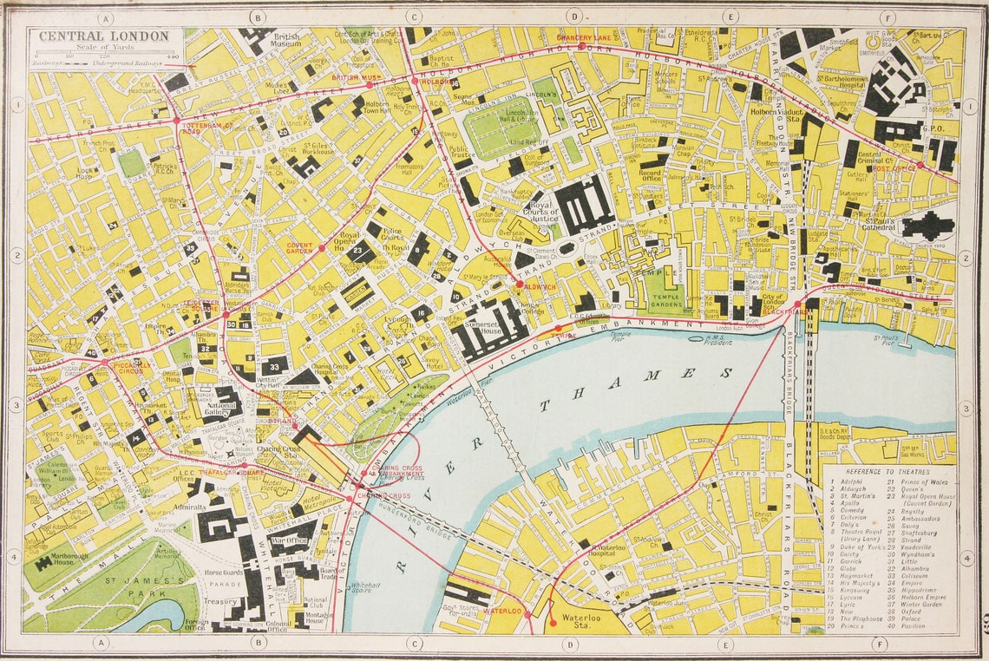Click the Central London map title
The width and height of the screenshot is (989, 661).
click(x=103, y=36)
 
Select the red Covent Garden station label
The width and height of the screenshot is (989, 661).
click(x=299, y=247)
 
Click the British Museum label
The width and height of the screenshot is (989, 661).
click(x=286, y=41)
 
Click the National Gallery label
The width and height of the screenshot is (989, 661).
click(x=223, y=409)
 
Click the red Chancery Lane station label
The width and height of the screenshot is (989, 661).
click(x=586, y=38)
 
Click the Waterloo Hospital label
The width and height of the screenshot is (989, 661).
click(x=607, y=548)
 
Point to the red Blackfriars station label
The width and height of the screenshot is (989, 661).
click(x=785, y=310)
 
